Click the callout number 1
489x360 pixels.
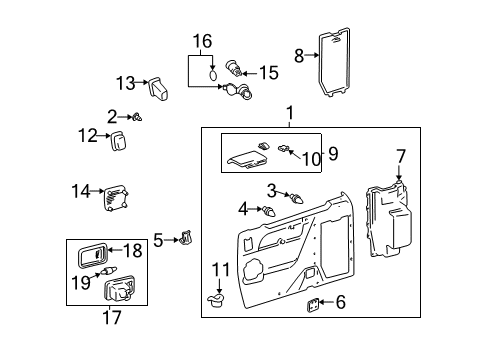291,114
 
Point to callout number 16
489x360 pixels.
203,43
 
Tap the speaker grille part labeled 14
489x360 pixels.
119,198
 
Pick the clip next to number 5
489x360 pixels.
184,240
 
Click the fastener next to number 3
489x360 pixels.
297,198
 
